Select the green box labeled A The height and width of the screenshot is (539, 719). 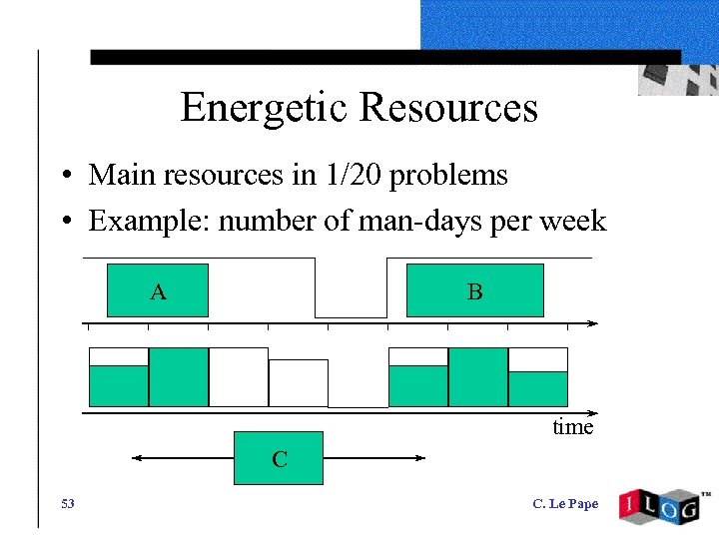158,290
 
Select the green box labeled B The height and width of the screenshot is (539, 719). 474,290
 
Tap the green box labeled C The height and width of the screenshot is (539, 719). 279,458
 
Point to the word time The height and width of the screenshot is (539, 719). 573,427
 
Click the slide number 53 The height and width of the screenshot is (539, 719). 67,503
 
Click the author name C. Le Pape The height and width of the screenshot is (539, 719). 565,503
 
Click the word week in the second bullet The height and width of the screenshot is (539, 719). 572,220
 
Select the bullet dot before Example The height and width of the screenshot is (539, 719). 63,222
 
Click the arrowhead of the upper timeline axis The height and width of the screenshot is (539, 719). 593,323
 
